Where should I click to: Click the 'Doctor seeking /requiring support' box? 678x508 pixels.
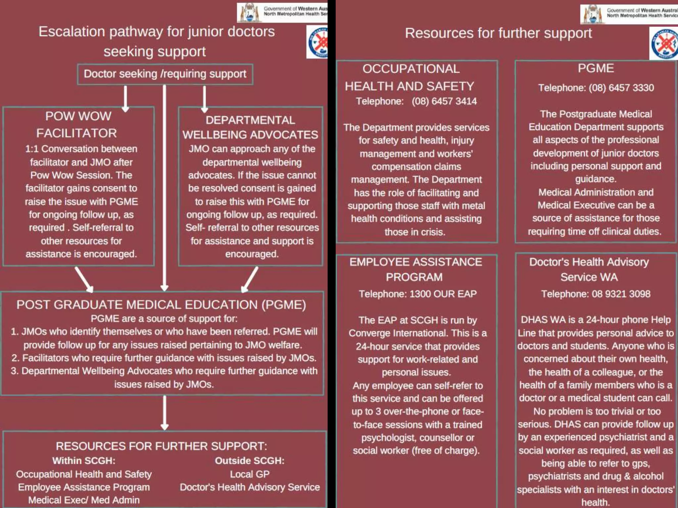(165, 74)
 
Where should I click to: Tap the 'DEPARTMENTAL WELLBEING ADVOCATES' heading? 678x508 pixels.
(250, 127)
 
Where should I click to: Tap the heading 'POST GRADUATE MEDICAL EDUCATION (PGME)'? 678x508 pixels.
(161, 305)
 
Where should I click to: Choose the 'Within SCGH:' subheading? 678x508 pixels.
(84, 461)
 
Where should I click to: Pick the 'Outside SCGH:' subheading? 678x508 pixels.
(250, 461)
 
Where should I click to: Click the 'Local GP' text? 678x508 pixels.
(250, 474)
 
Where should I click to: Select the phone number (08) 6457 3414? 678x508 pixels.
(444, 101)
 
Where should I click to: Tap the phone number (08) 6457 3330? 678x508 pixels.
(621, 88)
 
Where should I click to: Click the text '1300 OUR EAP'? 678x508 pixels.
(443, 294)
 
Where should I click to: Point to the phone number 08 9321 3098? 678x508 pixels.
(621, 294)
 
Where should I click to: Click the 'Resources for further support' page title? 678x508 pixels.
(498, 33)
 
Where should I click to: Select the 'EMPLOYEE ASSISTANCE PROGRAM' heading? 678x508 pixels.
(415, 269)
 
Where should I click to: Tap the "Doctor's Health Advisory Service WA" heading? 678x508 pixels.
(589, 269)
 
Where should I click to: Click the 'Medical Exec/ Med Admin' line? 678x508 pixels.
(84, 500)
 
